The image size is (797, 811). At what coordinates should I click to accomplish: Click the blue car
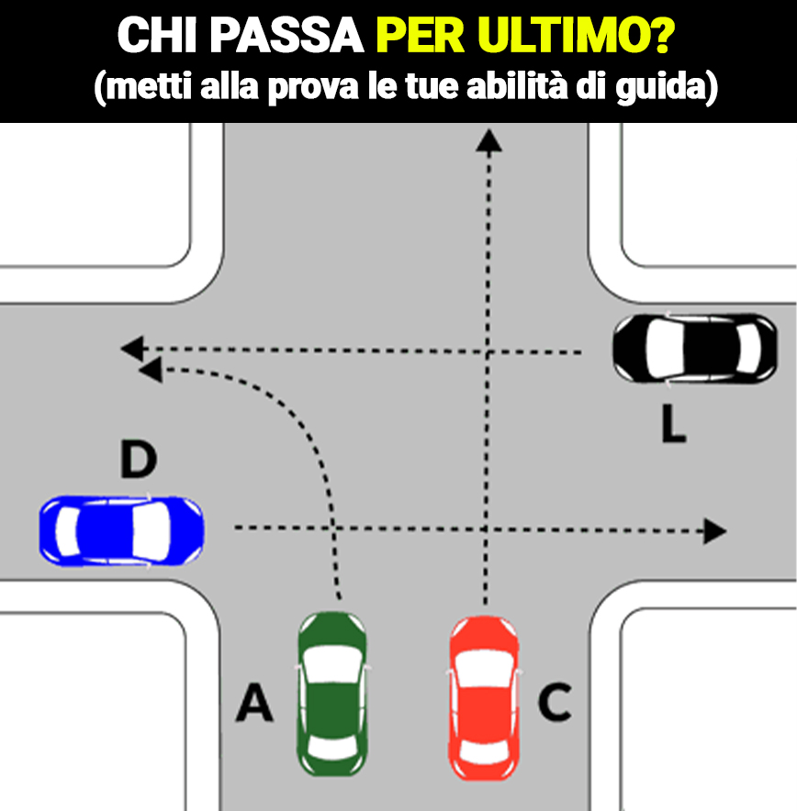121,530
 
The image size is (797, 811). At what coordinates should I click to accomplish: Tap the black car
695,349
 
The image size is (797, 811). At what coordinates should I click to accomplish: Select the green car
332,694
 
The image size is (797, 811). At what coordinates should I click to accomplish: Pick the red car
484,698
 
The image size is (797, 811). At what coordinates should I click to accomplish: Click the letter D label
138,459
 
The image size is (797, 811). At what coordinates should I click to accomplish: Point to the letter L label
674,424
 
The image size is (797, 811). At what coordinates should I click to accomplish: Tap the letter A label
254,702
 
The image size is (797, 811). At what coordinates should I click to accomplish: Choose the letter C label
555,702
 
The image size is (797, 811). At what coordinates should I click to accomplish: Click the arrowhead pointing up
488,140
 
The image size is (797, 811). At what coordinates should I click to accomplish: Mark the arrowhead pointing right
714,531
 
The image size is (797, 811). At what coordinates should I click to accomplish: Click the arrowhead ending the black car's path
132,349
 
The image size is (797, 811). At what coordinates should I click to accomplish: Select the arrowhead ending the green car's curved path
152,370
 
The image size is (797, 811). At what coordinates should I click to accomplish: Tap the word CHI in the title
157,36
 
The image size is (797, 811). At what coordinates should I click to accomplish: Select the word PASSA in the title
286,36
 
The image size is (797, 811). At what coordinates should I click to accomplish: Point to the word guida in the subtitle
660,86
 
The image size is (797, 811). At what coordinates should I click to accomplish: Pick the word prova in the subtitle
313,87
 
